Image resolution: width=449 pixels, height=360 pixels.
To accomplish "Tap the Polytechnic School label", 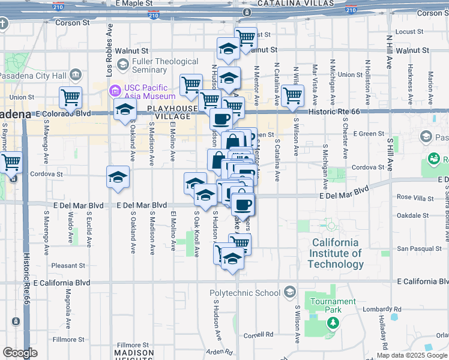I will coord(245,293).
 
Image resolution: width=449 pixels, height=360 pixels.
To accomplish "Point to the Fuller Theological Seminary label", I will coord(166,65).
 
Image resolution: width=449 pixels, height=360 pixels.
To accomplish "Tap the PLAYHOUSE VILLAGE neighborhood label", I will coord(172,112).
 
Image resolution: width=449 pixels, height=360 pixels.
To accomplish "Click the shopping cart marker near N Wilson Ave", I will coord(292,95).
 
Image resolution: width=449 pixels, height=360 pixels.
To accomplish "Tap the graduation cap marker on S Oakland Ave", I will coord(118,177).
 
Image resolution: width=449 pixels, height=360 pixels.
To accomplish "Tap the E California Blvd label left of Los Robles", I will coord(62,282).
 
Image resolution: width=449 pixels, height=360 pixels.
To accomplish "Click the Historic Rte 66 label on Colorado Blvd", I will coord(333,112).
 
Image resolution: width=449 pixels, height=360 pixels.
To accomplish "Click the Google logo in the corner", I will coord(20,353).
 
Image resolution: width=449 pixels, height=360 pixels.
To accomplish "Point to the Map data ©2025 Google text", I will coord(412,355).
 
